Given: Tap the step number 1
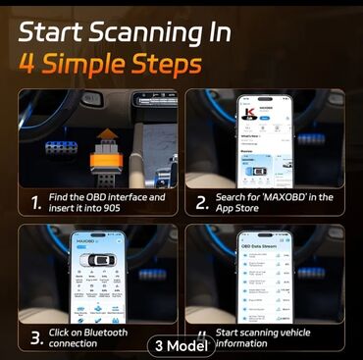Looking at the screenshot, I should pos(35,204).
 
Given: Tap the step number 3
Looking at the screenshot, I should pos(35,338).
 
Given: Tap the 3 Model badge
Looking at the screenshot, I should pos(181,345).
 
